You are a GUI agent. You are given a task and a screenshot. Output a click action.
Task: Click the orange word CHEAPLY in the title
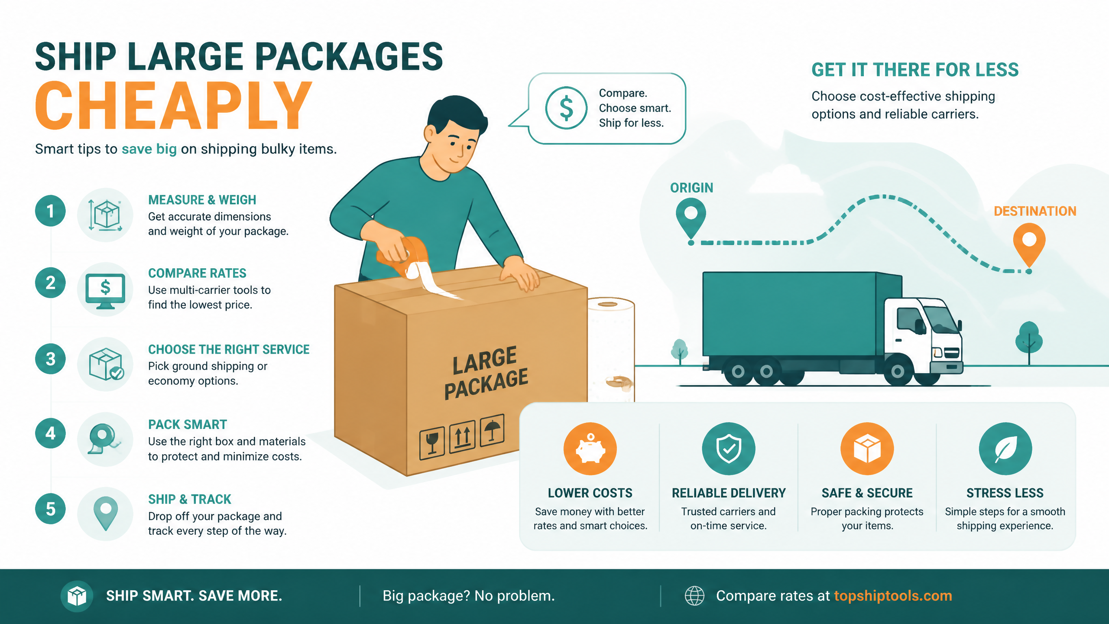(x=174, y=106)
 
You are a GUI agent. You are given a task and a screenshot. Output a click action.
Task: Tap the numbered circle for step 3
(x=51, y=359)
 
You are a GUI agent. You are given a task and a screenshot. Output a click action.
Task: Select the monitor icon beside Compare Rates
(x=105, y=291)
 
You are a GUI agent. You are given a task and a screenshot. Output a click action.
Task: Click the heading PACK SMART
(x=188, y=424)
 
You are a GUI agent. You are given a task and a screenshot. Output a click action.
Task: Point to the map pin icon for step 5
(x=106, y=514)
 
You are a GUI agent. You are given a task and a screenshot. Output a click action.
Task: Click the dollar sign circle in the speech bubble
(x=566, y=108)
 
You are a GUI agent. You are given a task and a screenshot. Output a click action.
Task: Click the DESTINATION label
(x=1035, y=211)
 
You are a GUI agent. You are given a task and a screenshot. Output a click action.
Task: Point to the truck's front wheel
(x=898, y=371)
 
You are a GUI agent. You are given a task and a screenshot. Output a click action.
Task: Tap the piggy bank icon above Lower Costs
(x=590, y=449)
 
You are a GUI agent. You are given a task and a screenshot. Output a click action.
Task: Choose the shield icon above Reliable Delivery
(x=729, y=449)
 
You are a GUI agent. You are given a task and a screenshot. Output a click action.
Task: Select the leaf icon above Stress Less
(x=1005, y=449)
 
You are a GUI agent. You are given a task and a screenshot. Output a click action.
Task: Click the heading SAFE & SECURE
(x=867, y=493)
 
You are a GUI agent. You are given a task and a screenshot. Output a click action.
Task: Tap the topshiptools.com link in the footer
(x=893, y=596)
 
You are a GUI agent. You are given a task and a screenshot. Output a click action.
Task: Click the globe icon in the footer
(x=694, y=596)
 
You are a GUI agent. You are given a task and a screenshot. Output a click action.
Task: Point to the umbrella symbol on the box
(x=492, y=429)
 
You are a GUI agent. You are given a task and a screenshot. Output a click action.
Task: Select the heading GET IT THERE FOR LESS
(x=915, y=70)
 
